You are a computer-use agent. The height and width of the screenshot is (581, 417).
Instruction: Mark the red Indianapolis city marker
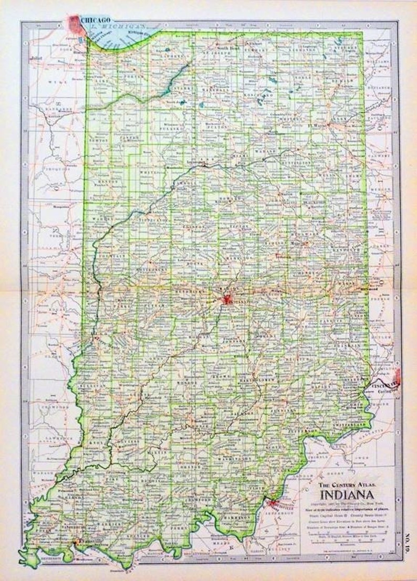click(x=226, y=300)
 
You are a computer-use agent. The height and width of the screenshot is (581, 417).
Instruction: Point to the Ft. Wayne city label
click(x=315, y=125)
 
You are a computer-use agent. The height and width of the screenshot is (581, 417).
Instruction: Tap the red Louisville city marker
click(x=272, y=504)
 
